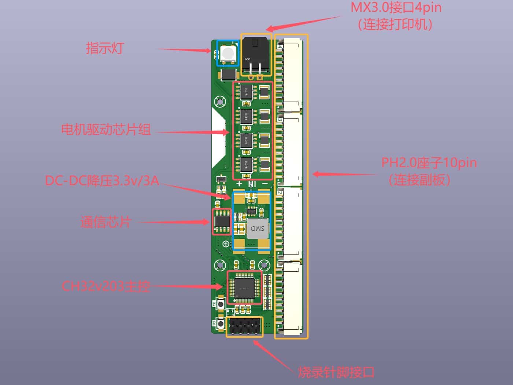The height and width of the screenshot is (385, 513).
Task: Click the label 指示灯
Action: coord(105,48)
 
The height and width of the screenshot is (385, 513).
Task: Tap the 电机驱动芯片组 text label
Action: coord(106,129)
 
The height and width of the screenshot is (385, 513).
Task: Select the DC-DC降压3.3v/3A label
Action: coord(102,180)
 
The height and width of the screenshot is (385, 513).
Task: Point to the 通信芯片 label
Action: coord(106,222)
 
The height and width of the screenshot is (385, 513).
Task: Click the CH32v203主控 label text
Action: coord(106,286)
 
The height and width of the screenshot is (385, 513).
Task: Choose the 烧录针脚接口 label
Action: coord(336,372)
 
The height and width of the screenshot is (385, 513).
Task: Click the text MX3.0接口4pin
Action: coord(396,8)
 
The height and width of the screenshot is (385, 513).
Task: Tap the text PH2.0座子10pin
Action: coord(429,162)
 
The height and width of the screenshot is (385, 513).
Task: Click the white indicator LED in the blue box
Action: coord(228,54)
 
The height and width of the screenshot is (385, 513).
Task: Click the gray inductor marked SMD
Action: coord(258,228)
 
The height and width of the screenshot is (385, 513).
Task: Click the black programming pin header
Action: coord(244,326)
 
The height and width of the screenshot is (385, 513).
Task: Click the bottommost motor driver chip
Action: coord(247,164)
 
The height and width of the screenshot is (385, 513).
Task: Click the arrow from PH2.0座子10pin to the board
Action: coord(344,175)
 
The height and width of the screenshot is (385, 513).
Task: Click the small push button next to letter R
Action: coord(221,324)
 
